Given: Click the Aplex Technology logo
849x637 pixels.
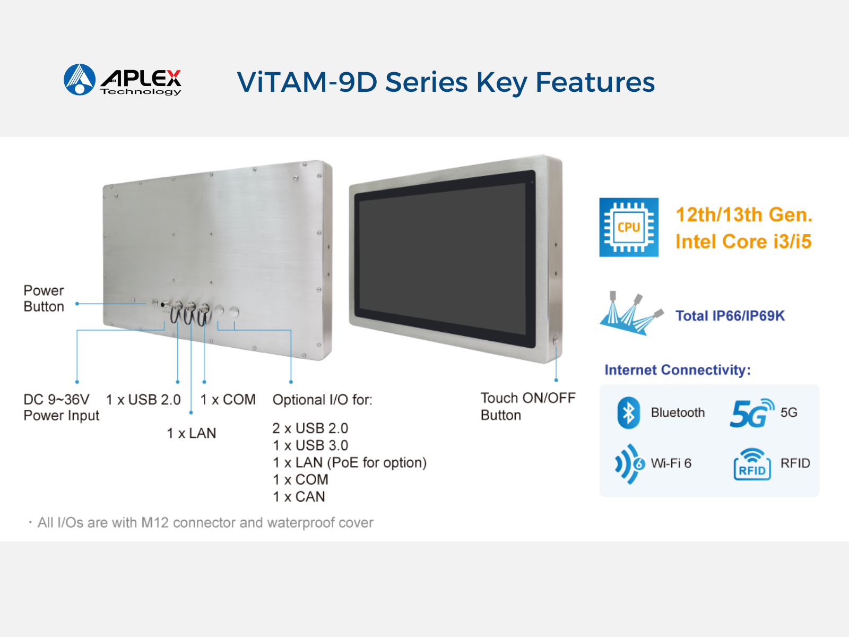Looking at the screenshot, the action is click(x=122, y=80).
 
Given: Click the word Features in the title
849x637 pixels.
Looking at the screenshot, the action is click(x=595, y=82).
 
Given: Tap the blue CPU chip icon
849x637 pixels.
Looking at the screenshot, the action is click(x=629, y=227).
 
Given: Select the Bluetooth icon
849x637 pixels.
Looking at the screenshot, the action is click(x=628, y=412).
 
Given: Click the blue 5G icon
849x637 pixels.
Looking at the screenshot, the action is click(x=751, y=412).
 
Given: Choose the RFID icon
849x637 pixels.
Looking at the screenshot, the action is click(x=752, y=464).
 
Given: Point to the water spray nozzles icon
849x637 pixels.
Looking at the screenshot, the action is click(x=631, y=313).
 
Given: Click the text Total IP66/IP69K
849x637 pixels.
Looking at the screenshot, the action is click(x=730, y=316).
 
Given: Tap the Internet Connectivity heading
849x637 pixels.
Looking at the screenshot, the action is click(x=678, y=370).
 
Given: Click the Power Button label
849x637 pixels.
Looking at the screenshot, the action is click(x=44, y=298).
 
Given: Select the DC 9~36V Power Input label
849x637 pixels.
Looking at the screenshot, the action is click(x=61, y=407).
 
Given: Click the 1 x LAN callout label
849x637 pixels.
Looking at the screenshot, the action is click(x=191, y=433).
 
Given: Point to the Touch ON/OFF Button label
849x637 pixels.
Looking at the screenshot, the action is click(x=528, y=407).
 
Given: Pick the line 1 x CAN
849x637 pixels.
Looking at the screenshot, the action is click(x=299, y=497).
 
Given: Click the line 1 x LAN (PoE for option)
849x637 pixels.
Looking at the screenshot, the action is click(x=350, y=462).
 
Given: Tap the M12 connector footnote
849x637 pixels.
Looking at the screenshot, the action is click(x=201, y=523).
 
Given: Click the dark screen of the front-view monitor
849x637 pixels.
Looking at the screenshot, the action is click(x=442, y=259).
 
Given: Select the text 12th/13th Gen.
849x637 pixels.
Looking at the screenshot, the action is click(x=744, y=214).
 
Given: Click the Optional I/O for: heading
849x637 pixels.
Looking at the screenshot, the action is click(x=322, y=400).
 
